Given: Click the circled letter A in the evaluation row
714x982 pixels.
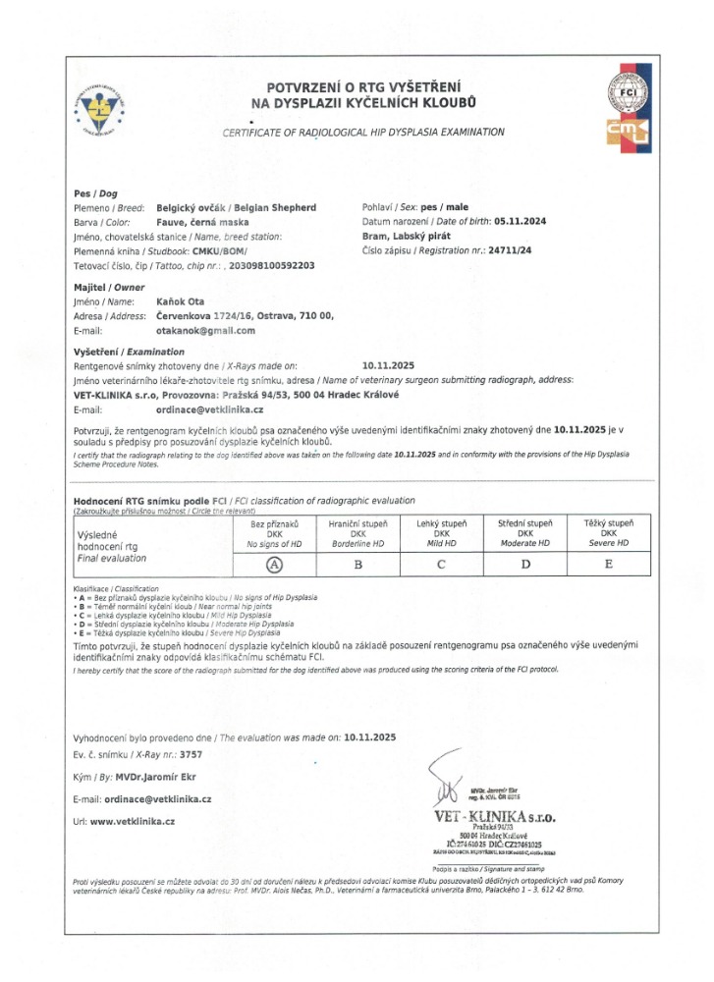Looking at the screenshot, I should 275,564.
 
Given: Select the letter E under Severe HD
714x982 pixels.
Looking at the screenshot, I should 609,564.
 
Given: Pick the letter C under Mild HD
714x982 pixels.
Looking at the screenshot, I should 441,564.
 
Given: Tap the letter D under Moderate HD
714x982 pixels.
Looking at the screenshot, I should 524,564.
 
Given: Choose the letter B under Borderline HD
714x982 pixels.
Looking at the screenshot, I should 358,564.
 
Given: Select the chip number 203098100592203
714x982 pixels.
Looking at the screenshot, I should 257,265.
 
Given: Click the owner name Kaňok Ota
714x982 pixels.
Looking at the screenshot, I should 181,301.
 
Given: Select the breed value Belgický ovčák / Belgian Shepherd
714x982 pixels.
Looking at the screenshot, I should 237,208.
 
